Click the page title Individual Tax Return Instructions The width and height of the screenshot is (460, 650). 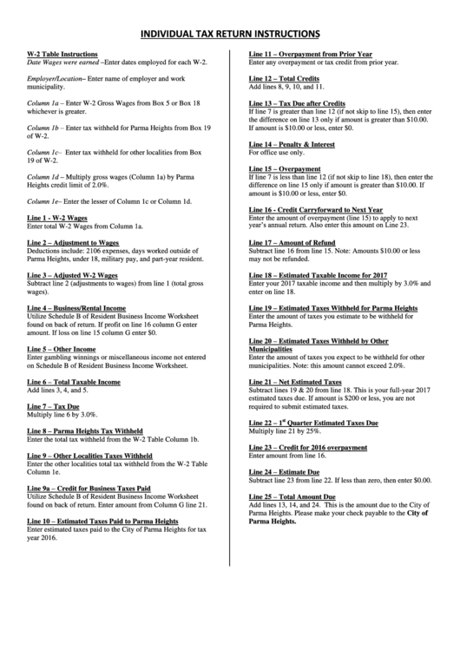(230, 34)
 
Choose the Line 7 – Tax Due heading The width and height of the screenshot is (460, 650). (54, 406)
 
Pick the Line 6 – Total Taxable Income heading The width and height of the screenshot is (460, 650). (74, 381)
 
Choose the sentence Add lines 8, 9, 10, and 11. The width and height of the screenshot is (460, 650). (286, 88)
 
